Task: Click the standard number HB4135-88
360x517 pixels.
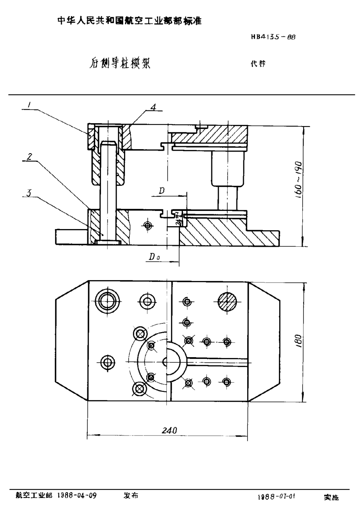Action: (273, 36)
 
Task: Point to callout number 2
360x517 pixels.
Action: (30, 157)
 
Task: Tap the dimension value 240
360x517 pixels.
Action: (169, 430)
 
